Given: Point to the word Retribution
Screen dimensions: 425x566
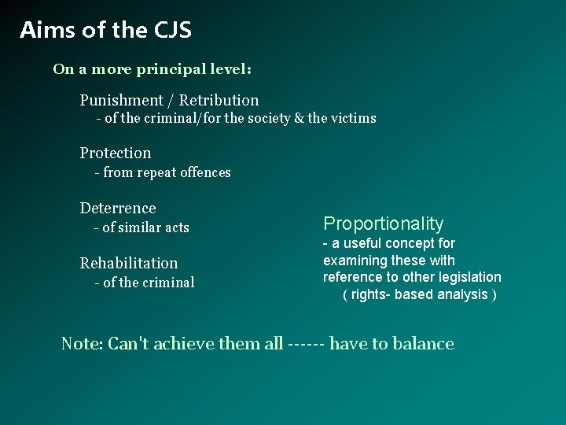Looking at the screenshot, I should pos(219,101).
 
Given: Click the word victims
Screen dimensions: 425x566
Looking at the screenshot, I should pos(353,119).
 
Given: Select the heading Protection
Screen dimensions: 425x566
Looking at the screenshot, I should pos(115,153).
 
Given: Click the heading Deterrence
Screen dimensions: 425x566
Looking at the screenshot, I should pos(118,209).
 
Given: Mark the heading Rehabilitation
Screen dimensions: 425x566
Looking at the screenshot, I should pos(129,264).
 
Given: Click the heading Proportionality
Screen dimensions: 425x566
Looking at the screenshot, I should pos(384,224).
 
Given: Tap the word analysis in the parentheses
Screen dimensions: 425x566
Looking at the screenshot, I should pos(462,294).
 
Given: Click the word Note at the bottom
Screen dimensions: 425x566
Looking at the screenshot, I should pos(81,344).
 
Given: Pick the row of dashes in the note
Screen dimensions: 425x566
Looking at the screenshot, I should pos(307,344).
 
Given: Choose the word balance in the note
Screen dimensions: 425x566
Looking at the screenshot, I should pos(424,344).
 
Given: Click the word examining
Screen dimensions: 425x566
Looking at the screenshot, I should pos(355,261).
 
